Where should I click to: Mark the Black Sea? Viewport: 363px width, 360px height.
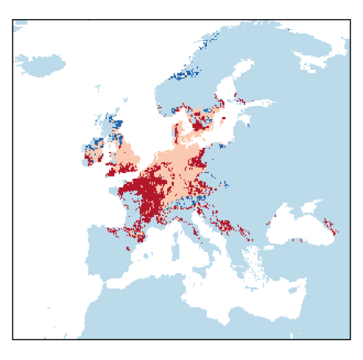(x=301, y=226)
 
